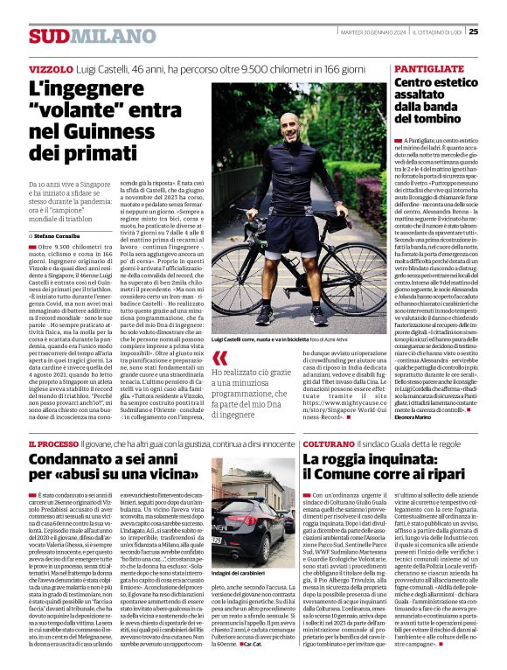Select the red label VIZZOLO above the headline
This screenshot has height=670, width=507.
point(51,68)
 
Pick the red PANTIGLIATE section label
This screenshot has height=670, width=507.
point(429,68)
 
